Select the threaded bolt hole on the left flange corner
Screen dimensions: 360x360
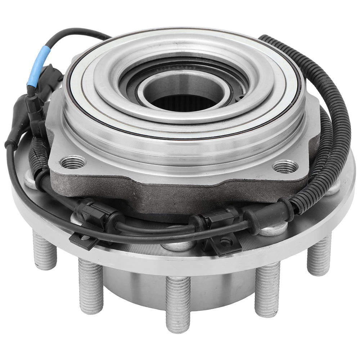73,162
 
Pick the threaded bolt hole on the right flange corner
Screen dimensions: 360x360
285,166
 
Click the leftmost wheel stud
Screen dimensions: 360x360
45,251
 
